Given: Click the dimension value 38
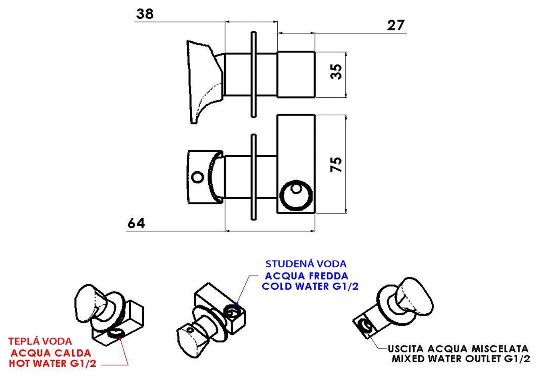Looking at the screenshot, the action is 145,14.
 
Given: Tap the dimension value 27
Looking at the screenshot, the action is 396,25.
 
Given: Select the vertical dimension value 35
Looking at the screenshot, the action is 336,72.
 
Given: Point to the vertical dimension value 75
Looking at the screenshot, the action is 336,164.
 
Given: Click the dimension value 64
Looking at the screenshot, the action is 136,223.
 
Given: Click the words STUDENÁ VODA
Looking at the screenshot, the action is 306,264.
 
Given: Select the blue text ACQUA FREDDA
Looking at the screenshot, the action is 307,276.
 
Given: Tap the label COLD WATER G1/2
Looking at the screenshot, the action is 310,286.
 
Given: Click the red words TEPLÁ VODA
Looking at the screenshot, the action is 40,341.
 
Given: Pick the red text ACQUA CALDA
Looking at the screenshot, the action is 51,353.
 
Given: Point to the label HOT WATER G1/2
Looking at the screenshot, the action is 52,363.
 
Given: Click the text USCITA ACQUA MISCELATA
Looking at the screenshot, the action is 458,349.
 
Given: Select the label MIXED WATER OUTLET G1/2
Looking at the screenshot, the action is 461,359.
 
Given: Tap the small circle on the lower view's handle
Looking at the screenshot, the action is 197,177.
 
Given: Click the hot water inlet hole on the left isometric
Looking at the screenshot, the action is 116,333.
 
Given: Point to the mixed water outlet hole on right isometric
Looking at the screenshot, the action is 365,326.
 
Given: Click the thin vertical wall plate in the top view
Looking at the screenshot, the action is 253,74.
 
